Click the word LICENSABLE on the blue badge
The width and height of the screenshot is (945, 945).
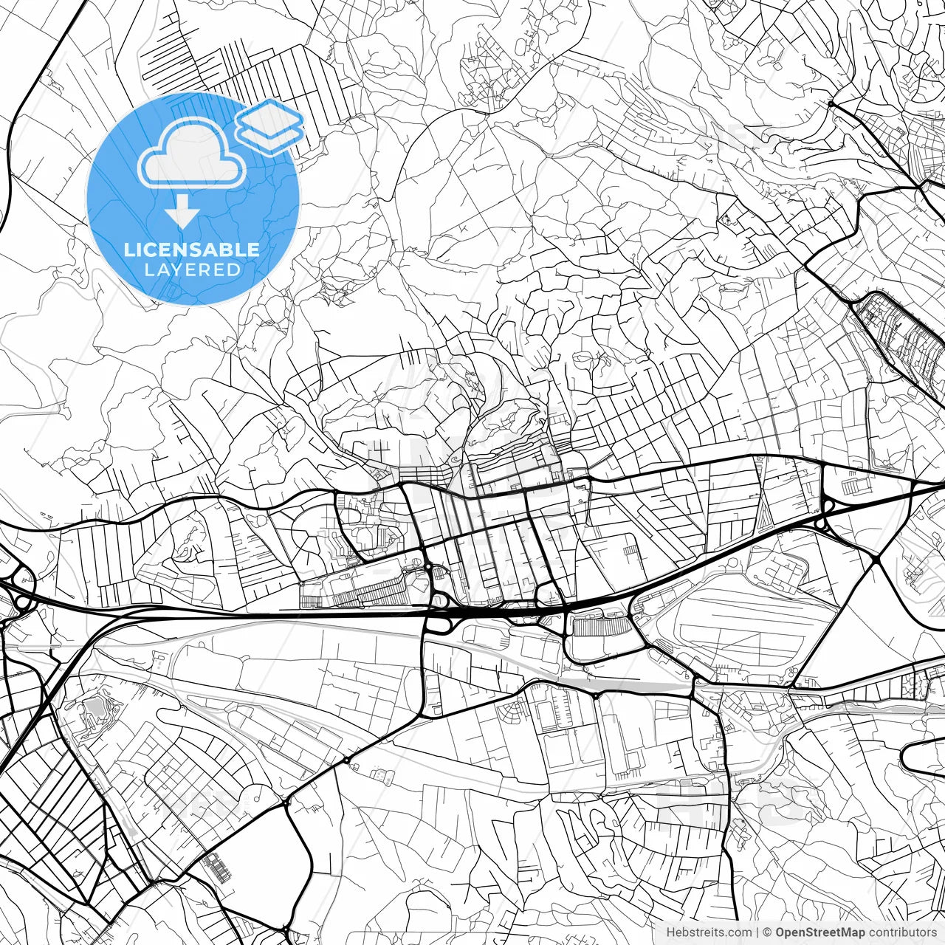192,250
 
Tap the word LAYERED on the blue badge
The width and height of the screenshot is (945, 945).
192,270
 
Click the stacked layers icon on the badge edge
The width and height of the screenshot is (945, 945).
270,126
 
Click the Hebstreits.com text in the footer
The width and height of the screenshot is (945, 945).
709,932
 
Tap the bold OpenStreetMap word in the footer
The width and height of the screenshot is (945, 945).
819,932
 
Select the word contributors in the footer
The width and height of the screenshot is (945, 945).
902,932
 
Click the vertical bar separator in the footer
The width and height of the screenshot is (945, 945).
757,932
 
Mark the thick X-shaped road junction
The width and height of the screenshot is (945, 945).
875,561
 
